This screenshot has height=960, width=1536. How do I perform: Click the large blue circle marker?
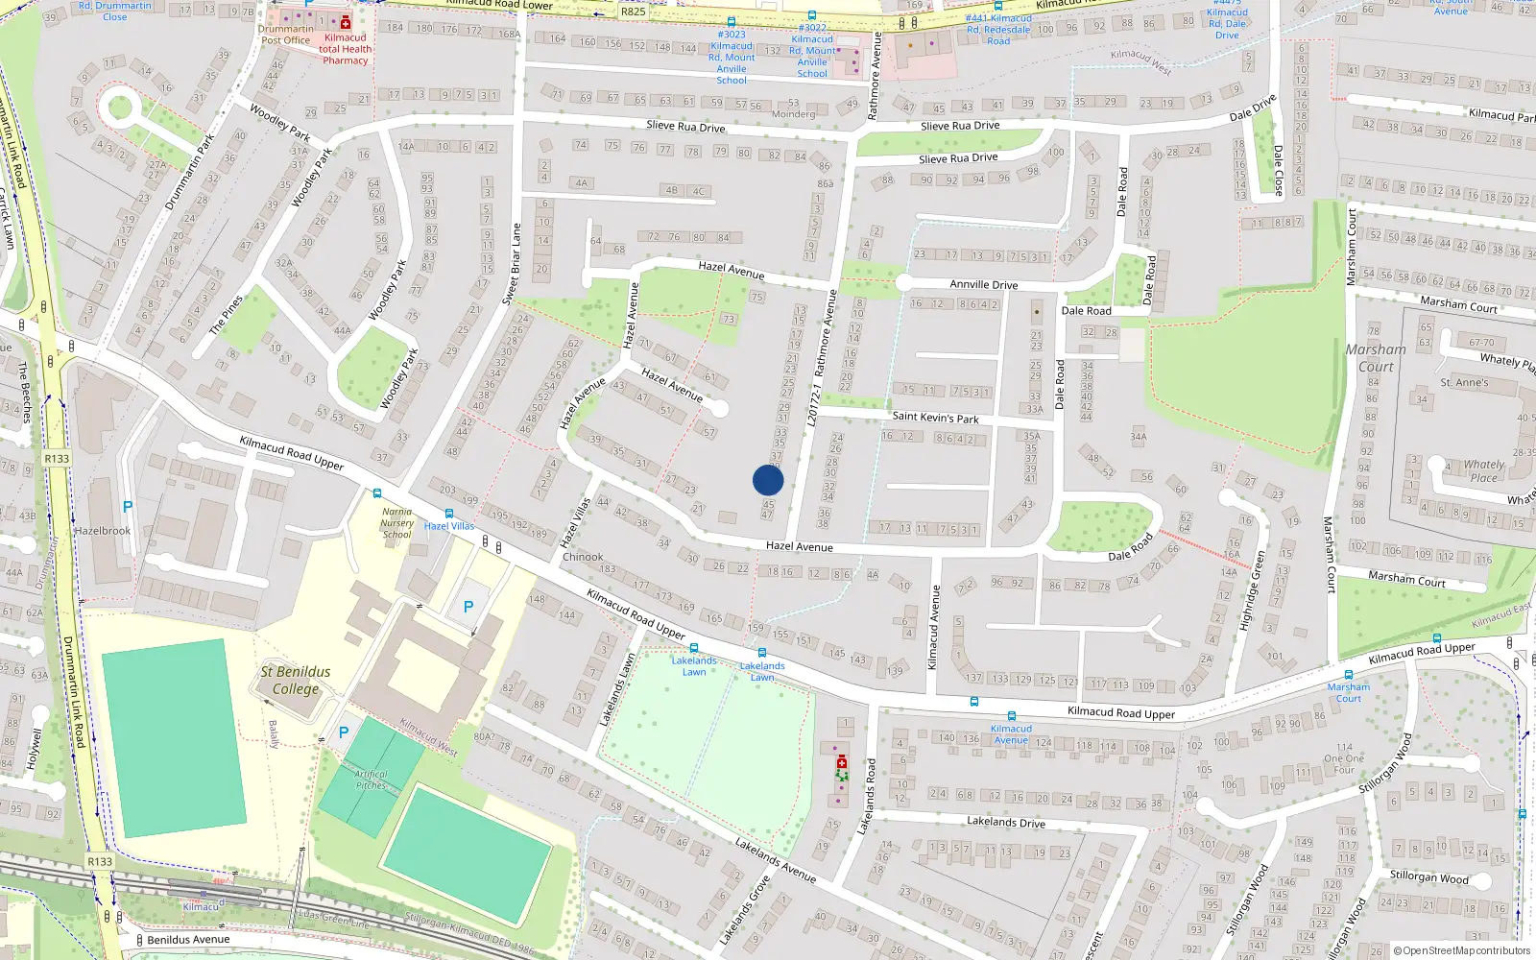coord(768,480)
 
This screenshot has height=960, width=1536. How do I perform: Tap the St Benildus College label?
coord(295,680)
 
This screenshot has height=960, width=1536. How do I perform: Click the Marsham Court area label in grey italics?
coord(1375,358)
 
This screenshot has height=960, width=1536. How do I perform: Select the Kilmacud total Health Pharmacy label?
coord(345,49)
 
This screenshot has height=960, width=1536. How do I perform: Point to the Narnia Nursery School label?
coord(396,523)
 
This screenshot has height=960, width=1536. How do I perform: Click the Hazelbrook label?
coord(103,531)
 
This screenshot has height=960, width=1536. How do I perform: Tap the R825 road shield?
coord(633,12)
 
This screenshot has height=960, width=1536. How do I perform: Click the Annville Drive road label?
coord(983,284)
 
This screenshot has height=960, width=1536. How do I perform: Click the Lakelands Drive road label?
coord(1005,822)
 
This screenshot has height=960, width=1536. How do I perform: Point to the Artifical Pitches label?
coord(371,780)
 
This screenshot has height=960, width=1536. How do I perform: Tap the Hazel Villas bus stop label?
coord(449,526)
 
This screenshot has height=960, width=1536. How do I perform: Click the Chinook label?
coord(583,557)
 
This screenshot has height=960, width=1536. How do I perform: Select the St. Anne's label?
coord(1464,382)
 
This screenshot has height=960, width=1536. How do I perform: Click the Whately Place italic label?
coord(1483,470)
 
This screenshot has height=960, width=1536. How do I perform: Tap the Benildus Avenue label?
coord(188,939)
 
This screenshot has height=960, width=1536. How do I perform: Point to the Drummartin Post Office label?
coord(285,35)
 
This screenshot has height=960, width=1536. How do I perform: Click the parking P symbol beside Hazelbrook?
coord(128,506)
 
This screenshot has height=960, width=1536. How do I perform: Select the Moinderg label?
coord(793,114)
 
